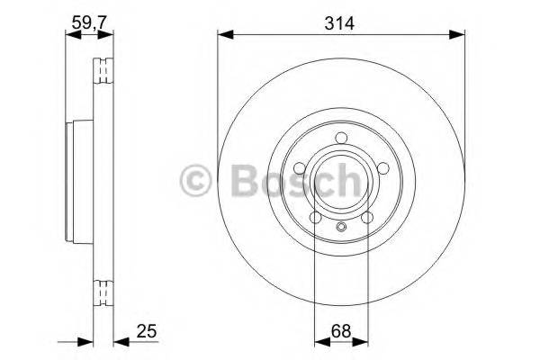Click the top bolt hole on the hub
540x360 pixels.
pos(341,137)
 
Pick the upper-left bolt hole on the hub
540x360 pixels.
pos(300,167)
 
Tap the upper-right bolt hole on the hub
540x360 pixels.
pos(382,167)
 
